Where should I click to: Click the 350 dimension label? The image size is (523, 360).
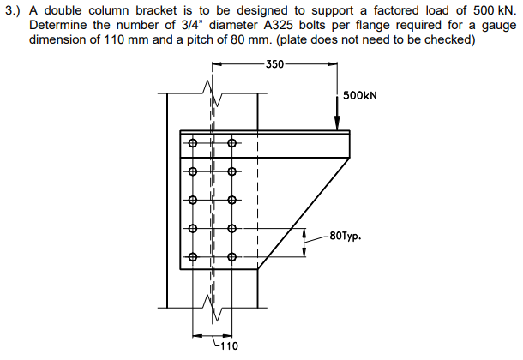coord(274,64)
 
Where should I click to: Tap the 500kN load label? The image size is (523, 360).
coord(360,97)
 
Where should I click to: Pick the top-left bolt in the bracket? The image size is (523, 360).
coord(194,143)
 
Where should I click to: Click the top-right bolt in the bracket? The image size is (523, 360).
coord(231,143)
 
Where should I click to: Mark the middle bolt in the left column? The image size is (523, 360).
coord(194,201)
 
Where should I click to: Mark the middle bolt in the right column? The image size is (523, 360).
coord(231,201)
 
